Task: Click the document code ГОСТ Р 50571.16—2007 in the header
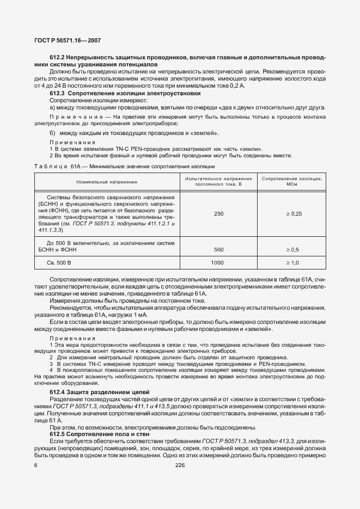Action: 68,41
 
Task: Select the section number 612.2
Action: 58,57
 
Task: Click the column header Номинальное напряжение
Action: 106,181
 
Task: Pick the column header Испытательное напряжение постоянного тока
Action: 218,181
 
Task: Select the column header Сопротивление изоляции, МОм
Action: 291,181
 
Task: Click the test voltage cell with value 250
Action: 218,214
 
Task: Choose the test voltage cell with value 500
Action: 218,249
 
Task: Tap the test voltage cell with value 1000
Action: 218,263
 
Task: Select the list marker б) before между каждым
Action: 52,133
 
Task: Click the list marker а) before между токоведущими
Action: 52,107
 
